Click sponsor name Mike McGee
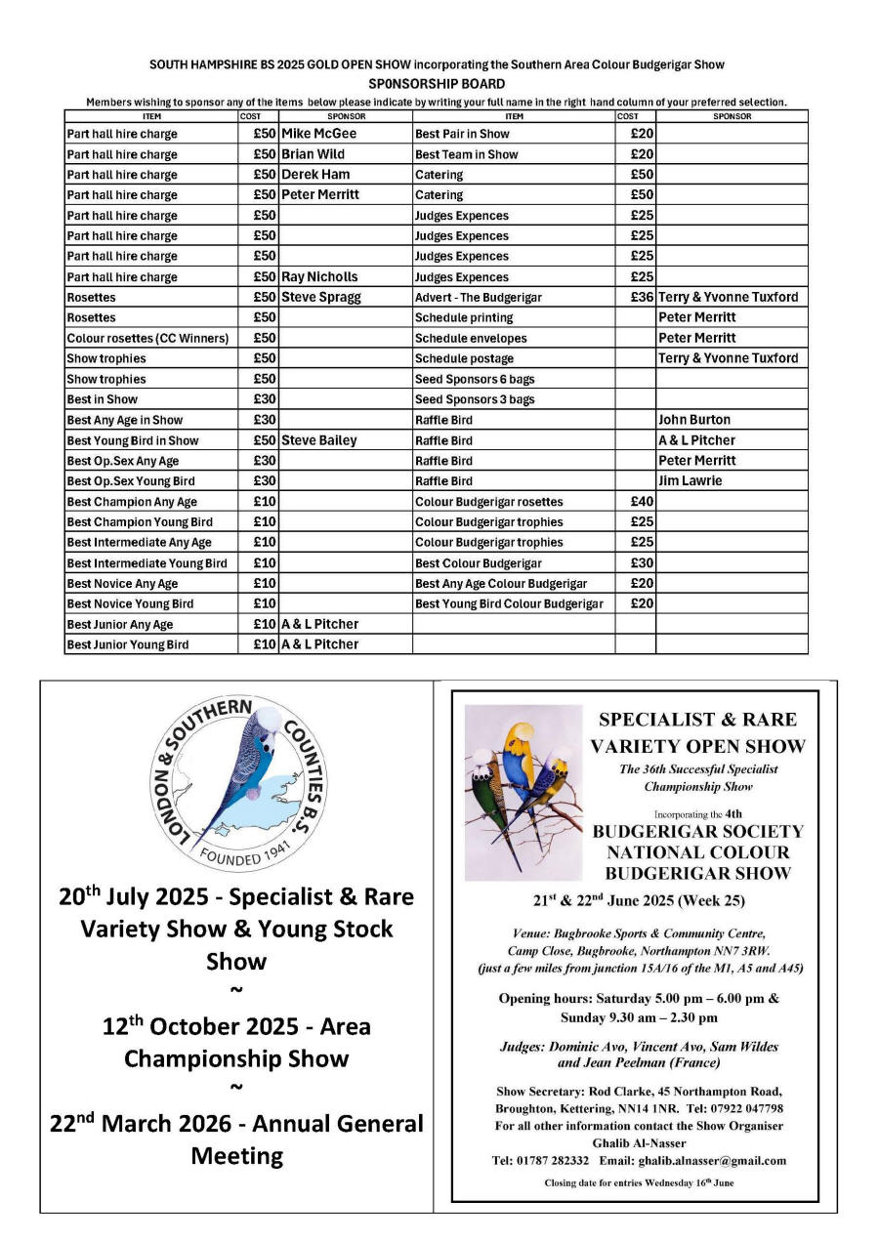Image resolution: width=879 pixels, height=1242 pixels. pos(318,134)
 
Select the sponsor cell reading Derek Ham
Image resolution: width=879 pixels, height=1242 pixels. pos(315,175)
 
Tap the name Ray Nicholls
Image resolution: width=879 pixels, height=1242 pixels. pos(319,277)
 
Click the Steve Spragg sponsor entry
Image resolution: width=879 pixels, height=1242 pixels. pos(320,298)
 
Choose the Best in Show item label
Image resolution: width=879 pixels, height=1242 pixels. pos(103,399)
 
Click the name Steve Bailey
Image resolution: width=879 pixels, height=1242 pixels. pos(318,440)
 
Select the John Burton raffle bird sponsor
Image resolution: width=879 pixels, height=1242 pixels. pos(694,420)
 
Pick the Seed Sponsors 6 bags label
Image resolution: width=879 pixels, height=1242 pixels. pos(475,379)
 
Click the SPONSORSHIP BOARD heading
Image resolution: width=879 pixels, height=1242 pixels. pos(437,84)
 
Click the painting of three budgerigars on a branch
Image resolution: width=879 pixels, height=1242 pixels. pos(523,791)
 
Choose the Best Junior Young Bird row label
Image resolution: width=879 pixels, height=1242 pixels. pos(128,644)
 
